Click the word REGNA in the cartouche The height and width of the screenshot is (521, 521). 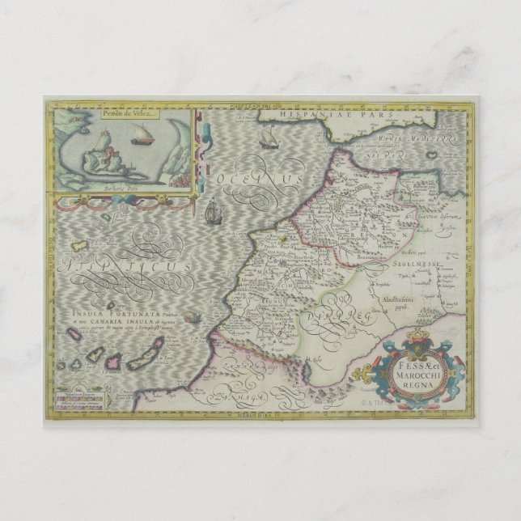[414, 385]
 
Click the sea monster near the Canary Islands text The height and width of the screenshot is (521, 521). [192, 318]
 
